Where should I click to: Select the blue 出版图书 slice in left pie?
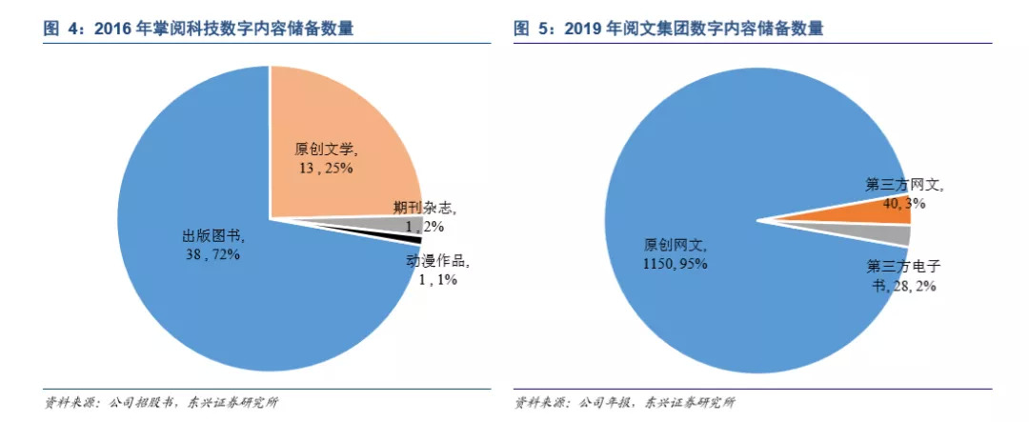tap(191, 286)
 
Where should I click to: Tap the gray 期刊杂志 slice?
tap(381, 224)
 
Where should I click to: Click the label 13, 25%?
tap(327, 168)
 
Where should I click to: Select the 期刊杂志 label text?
tap(425, 206)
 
